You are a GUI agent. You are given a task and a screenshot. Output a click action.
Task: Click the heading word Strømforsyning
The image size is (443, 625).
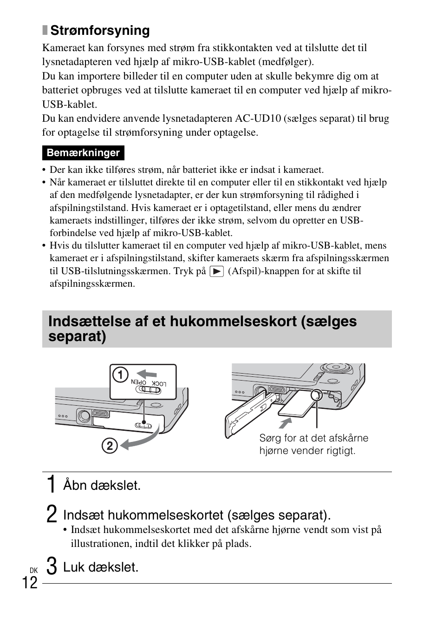(x=100, y=31)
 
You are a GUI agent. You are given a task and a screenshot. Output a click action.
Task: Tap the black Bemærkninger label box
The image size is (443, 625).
(x=83, y=153)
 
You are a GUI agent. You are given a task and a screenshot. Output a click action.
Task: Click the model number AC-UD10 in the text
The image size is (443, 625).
(x=258, y=118)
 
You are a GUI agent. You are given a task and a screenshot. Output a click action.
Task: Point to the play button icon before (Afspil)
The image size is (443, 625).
(x=216, y=271)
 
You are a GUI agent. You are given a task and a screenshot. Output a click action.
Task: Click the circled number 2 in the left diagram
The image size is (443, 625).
(x=110, y=446)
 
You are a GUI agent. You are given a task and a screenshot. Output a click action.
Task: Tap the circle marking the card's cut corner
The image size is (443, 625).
(x=316, y=395)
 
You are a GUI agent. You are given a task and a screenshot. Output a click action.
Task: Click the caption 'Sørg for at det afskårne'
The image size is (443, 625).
(x=313, y=438)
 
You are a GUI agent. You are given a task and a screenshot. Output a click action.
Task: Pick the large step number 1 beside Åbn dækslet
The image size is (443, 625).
(x=52, y=485)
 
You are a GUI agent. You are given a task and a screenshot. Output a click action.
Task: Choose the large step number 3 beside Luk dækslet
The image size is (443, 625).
(x=52, y=566)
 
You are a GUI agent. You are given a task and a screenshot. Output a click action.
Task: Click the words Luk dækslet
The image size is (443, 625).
(x=101, y=567)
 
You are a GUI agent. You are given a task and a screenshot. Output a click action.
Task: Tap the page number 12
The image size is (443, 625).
(x=29, y=582)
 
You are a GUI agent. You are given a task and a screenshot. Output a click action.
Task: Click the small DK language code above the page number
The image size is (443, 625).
(x=33, y=570)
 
